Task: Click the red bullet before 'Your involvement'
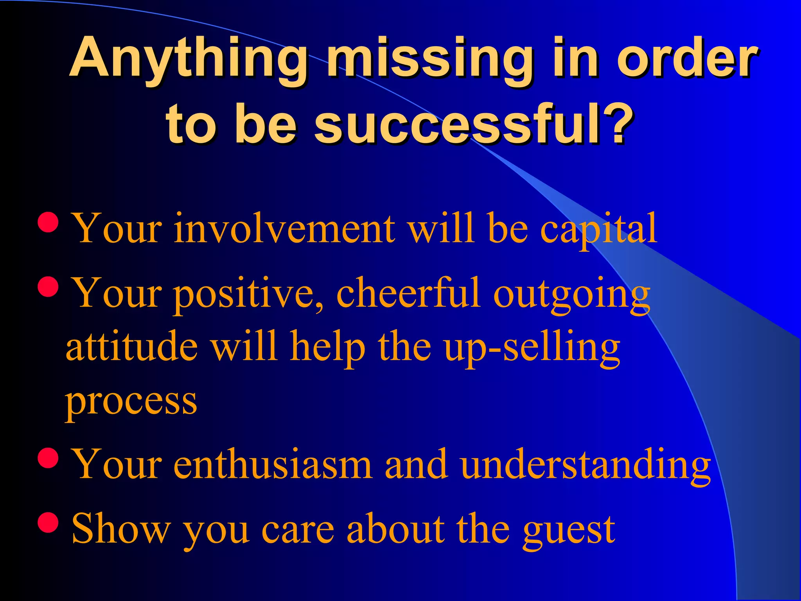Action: click(x=48, y=222)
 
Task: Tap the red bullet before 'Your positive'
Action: click(x=48, y=287)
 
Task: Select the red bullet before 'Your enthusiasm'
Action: click(x=48, y=458)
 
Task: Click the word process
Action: click(x=131, y=403)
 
